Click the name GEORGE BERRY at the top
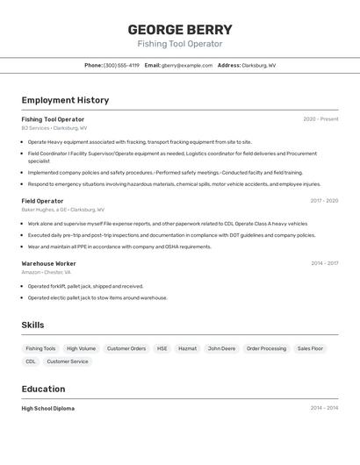[x=180, y=29]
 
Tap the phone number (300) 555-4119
[x=121, y=65]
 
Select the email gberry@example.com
[x=187, y=65]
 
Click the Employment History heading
[x=65, y=100]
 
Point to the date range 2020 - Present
[x=320, y=119]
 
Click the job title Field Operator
[x=42, y=201]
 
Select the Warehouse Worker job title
[x=48, y=263]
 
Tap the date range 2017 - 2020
[x=324, y=201]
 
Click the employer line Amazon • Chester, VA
[x=46, y=272]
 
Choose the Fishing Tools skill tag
[x=40, y=348]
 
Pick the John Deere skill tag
[x=221, y=348]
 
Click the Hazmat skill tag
[x=187, y=348]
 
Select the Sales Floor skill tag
[x=310, y=348]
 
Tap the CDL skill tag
[x=31, y=361]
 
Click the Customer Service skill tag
[x=68, y=361]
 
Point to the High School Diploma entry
[x=47, y=408]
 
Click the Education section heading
[x=43, y=389]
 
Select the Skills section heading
[x=32, y=325]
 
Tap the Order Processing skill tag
[x=266, y=348]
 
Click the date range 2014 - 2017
[x=324, y=263]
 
